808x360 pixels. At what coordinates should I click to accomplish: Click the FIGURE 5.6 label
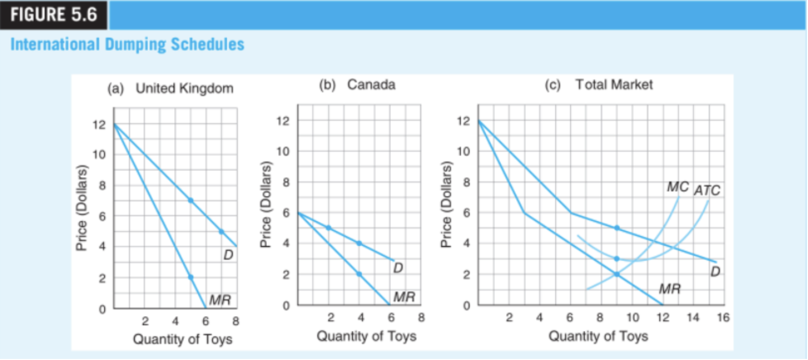click(54, 15)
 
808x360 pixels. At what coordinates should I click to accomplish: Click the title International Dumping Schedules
click(127, 44)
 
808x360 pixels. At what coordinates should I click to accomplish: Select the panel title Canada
click(371, 85)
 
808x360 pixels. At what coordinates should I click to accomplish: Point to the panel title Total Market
click(614, 85)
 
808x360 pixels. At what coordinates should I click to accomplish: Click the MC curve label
click(677, 187)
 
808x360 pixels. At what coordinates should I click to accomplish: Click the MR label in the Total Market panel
click(669, 289)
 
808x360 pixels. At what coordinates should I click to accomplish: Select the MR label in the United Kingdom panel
click(219, 301)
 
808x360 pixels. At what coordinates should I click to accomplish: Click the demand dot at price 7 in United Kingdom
click(190, 201)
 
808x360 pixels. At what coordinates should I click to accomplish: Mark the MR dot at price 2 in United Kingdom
click(190, 277)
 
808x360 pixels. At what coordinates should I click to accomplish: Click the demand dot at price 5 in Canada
click(328, 228)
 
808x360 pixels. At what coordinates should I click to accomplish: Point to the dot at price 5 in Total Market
click(616, 228)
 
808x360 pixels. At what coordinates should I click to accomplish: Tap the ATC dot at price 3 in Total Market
click(616, 258)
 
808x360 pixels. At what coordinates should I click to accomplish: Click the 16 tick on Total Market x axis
click(723, 318)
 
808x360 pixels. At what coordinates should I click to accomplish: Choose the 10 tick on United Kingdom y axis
click(99, 155)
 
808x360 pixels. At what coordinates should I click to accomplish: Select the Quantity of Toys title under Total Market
click(598, 336)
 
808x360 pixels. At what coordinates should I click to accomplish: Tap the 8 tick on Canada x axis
click(421, 318)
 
